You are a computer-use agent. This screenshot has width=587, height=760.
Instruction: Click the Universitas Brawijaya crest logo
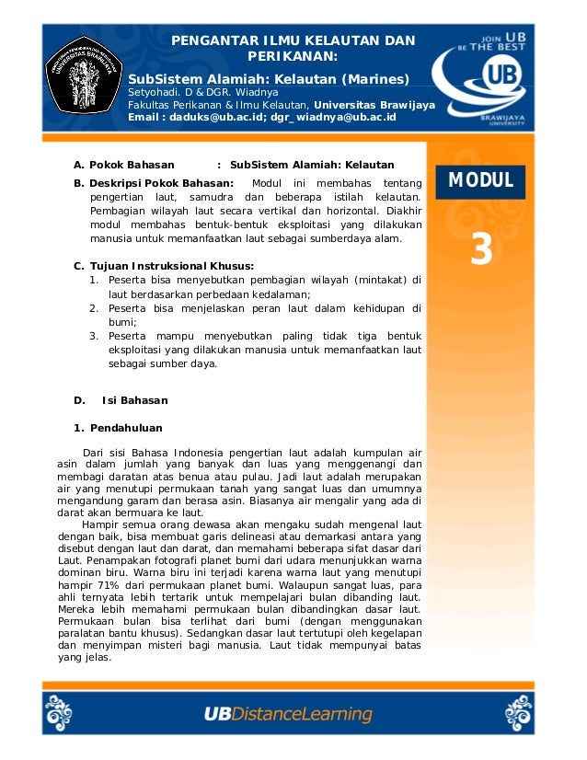click(x=86, y=75)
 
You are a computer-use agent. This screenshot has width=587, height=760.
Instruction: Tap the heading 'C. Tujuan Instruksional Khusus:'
click(x=164, y=266)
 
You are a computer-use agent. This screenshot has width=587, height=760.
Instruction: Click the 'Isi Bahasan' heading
click(x=134, y=400)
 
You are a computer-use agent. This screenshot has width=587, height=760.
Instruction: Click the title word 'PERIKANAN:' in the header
click(x=293, y=56)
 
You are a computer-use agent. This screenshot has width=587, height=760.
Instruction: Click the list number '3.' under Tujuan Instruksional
click(x=94, y=336)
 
